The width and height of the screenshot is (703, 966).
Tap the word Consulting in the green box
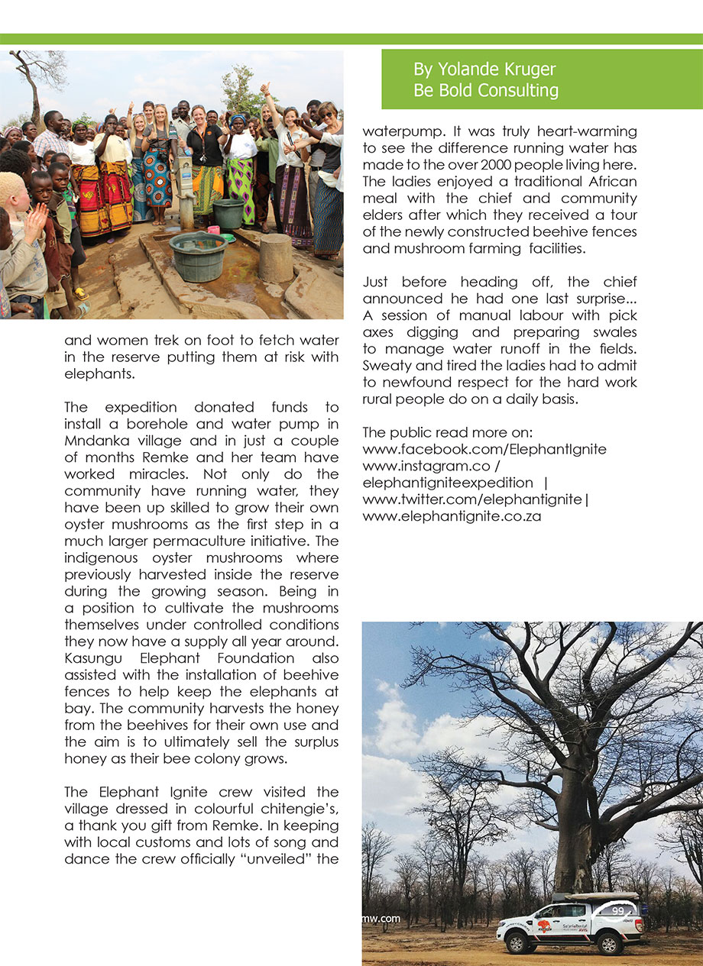[x=519, y=91]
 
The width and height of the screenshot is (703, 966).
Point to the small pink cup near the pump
[x=214, y=229]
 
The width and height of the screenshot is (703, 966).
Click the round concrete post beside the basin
[x=276, y=257]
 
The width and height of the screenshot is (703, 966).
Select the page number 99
[x=617, y=910]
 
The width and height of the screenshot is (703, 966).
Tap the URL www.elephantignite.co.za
[x=452, y=515]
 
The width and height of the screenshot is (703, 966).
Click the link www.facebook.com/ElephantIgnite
[x=484, y=449]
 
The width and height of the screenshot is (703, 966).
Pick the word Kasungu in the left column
[x=91, y=657]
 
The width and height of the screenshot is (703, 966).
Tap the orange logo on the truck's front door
[x=544, y=926]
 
